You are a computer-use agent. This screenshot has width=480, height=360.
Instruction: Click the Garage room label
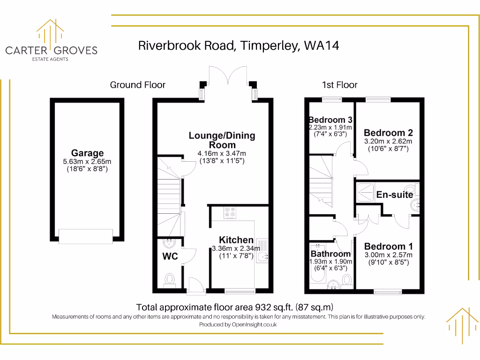pyautogui.click(x=87, y=153)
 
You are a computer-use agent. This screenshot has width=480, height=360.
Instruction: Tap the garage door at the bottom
pyautogui.click(x=86, y=236)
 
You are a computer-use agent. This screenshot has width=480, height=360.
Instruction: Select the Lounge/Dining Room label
pyautogui.click(x=222, y=140)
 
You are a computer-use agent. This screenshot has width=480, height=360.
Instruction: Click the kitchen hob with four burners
pyautogui.click(x=230, y=213)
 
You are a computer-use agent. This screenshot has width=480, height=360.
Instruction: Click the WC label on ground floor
pyautogui.click(x=170, y=257)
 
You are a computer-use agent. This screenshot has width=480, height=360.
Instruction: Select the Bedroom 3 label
pyautogui.click(x=330, y=120)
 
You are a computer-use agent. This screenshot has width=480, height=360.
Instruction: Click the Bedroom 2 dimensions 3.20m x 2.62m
pyautogui.click(x=388, y=141)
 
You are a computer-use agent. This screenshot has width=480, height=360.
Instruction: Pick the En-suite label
pyautogui.click(x=395, y=195)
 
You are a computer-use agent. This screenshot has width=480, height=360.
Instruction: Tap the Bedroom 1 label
pyautogui.click(x=389, y=247)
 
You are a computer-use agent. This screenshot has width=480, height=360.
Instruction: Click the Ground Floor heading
pyautogui.click(x=137, y=85)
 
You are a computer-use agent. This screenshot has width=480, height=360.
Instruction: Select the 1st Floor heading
pyautogui.click(x=339, y=85)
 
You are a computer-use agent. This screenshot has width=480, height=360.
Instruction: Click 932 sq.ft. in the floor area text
pyautogui.click(x=274, y=307)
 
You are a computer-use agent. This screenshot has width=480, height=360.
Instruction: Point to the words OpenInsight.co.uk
pyautogui.click(x=254, y=324)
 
